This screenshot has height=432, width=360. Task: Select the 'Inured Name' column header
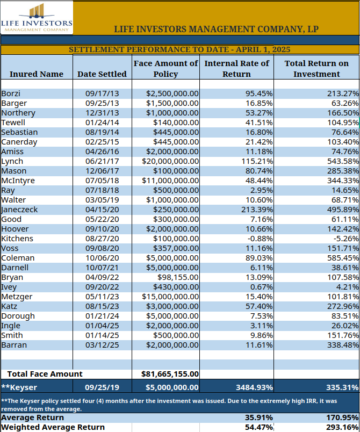tap(37, 74)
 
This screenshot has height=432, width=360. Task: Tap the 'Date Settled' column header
tap(102, 74)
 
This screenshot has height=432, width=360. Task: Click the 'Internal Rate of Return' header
tap(236, 69)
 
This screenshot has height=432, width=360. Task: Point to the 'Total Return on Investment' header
tap(316, 69)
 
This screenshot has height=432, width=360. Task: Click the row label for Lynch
tap(12, 161)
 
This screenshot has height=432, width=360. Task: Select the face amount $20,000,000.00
tap(170, 161)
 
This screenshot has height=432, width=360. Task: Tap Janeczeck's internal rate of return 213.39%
tap(257, 210)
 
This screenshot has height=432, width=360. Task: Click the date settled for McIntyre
tap(102, 181)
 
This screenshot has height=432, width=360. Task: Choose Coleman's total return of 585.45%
tap(343, 258)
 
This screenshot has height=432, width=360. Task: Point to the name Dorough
tap(18, 316)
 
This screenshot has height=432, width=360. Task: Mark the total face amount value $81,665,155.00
tap(170, 374)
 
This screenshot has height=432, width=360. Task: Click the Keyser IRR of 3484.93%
tap(255, 387)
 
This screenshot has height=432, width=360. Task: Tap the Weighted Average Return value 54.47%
tap(259, 427)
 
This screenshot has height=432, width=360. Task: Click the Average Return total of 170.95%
tap(343, 417)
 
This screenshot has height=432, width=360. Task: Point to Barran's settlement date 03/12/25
tap(102, 345)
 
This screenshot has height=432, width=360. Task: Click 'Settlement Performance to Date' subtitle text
tap(148, 49)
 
